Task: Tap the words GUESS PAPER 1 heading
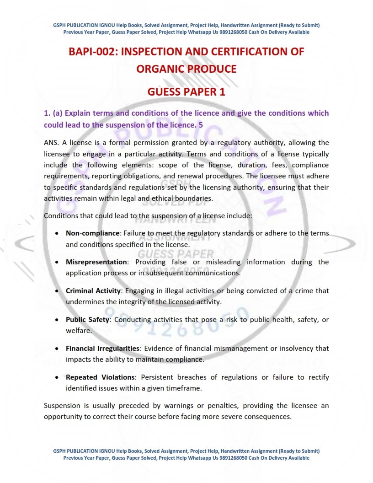click(186, 91)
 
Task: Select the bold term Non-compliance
click(93, 233)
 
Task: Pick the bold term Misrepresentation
click(96, 262)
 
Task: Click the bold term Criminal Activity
click(93, 291)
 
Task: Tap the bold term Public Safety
click(87, 320)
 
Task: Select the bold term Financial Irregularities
click(102, 349)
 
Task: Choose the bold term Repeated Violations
click(101, 377)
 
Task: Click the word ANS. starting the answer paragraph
click(51, 143)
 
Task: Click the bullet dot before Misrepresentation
click(56, 263)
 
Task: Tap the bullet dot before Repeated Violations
click(56, 378)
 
